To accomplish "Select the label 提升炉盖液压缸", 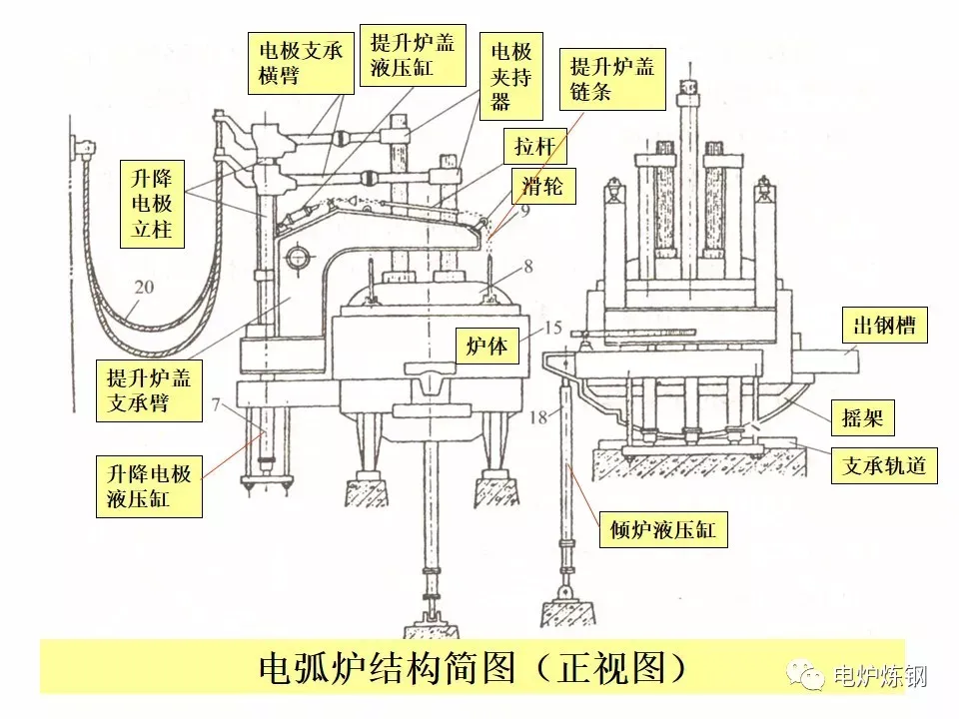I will click(x=412, y=56).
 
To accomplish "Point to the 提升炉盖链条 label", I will click(x=611, y=79).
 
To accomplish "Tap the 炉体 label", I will click(x=487, y=347).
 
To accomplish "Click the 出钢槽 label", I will click(x=885, y=327).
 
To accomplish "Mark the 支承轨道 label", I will click(x=885, y=465).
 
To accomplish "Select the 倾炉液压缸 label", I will click(x=663, y=530).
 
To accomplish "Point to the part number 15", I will click(x=553, y=327).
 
